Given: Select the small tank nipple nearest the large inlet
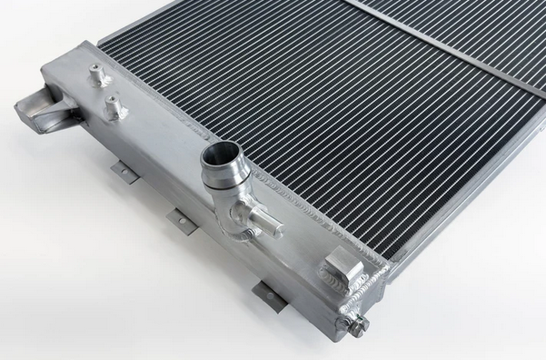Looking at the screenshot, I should pos(113,110).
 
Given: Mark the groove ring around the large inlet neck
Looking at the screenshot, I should pos(222,179).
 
